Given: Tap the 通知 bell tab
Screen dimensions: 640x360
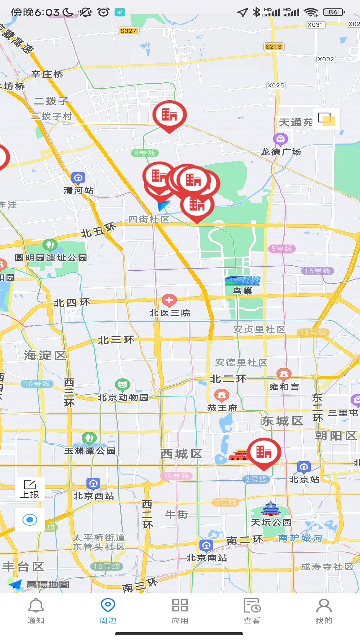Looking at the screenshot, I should pos(36,611).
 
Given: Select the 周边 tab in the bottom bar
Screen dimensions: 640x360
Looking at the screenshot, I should pos(108,611).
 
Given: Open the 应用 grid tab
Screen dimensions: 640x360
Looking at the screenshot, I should pos(180,611).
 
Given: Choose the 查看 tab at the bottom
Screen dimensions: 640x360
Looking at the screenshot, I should pos(252,611).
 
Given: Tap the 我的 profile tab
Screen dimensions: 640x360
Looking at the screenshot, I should pos(324,611).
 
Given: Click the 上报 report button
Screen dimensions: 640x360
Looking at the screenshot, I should pos(30,489).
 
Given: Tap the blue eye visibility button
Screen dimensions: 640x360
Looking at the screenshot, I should pos(30,520).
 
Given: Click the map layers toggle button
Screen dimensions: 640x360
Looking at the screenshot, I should pos(326,119).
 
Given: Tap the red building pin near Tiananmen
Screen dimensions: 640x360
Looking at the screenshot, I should pos(264,453).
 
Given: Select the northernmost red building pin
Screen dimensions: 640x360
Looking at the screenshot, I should pos(169,115).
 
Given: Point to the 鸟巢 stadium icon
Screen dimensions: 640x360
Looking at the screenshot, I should pos(243,280).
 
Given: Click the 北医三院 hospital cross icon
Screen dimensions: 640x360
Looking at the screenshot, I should pos(169,300).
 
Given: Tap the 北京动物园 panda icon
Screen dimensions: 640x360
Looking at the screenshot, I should pos(122,385).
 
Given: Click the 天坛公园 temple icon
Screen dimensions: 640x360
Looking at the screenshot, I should pos(271,509).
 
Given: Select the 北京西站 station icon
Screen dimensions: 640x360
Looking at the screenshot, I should pos(93,483).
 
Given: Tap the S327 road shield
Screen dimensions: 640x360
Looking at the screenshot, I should pos(128,31).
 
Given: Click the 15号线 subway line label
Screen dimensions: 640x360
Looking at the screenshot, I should pos(317,271).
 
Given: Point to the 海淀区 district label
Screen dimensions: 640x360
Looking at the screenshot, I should pos(45,355).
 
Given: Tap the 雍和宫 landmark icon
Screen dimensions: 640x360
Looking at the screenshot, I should pos(284,374).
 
